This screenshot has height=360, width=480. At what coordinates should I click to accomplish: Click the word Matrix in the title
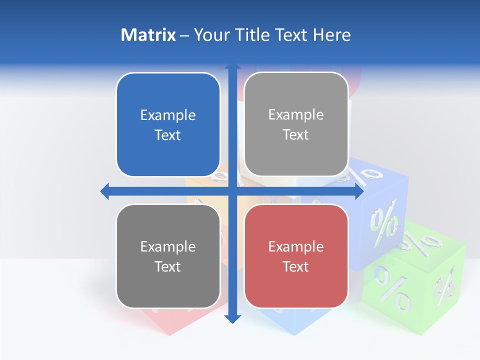(x=148, y=35)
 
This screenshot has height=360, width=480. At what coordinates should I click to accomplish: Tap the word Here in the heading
(x=331, y=35)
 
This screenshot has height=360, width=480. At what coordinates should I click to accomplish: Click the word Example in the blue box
(x=168, y=115)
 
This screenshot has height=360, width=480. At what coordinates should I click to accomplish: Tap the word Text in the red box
(x=296, y=267)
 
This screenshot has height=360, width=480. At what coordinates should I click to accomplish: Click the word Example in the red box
(x=296, y=246)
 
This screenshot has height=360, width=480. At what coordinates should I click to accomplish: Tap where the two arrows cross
(x=232, y=191)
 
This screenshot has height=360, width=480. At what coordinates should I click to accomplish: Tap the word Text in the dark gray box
(x=168, y=267)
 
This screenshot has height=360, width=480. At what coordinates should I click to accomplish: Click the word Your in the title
(x=209, y=35)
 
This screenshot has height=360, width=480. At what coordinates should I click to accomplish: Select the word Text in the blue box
(x=168, y=135)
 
